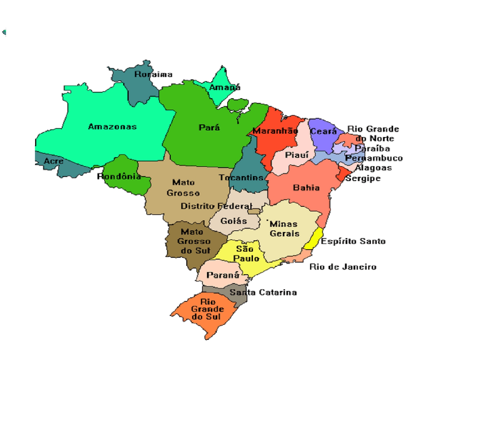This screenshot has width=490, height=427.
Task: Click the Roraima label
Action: pos(153,74)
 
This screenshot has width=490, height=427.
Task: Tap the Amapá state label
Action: pos(224,87)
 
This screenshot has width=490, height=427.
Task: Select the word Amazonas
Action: pos(112,126)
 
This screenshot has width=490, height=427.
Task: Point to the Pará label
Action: pos(209,127)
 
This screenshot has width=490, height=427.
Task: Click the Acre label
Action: pos(54,161)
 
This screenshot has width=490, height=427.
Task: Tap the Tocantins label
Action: pos(241,177)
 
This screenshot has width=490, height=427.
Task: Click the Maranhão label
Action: pos(275,131)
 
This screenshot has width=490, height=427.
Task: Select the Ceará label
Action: pos(323,131)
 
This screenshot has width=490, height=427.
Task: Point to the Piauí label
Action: pos(297,155)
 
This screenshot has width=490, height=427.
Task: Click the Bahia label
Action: pos(306,187)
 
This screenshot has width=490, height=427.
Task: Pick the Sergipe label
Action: pos(363,178)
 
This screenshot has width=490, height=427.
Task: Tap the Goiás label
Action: pos(234,221)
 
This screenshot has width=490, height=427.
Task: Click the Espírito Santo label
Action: pos(353,241)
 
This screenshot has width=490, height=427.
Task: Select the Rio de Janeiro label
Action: pos(343,267)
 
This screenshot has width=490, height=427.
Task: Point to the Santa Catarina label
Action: pos(263,292)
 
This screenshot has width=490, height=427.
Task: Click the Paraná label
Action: pos(223,275)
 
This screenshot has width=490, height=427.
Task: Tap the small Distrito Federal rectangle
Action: pos(254,211)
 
